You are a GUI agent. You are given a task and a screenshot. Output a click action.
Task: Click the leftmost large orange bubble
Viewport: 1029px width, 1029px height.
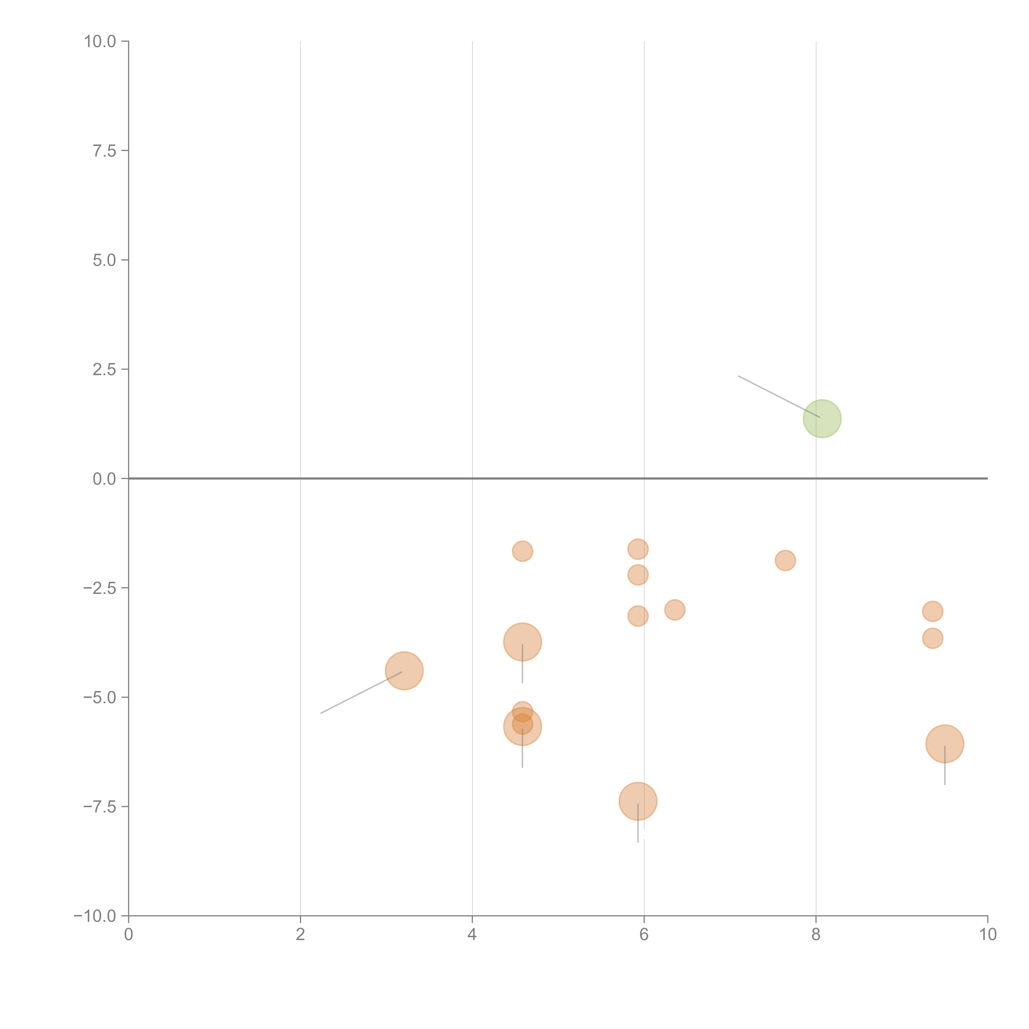pos(404,670)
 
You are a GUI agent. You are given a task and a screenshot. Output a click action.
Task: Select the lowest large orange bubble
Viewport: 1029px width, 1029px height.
pos(638,801)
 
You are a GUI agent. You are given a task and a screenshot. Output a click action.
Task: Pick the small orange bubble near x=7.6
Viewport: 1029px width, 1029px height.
pos(785,560)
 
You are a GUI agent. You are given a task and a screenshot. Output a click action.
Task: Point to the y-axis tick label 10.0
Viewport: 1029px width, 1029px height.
pos(100,42)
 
